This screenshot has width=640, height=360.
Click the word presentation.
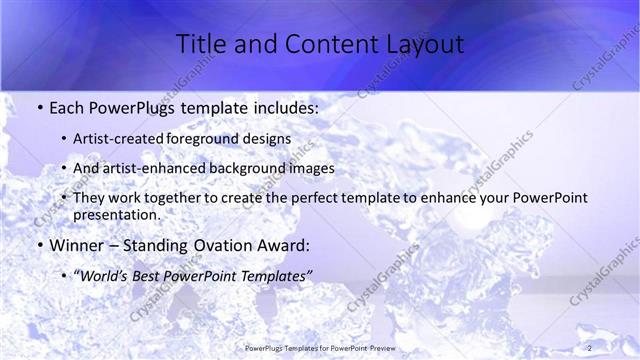pyautogui.click(x=117, y=214)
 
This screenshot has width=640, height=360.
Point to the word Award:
pyautogui.click(x=283, y=245)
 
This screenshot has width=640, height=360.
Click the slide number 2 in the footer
pyautogui.click(x=589, y=347)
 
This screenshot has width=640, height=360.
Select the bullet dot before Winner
pyautogui.click(x=38, y=246)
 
